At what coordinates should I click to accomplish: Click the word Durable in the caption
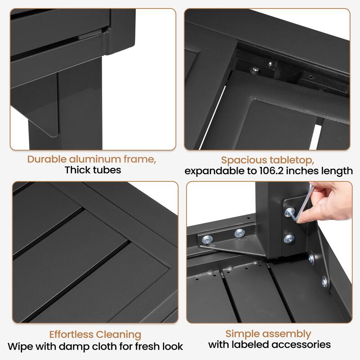47,159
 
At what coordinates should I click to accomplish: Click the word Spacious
244,161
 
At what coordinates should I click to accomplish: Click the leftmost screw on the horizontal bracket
207,239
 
